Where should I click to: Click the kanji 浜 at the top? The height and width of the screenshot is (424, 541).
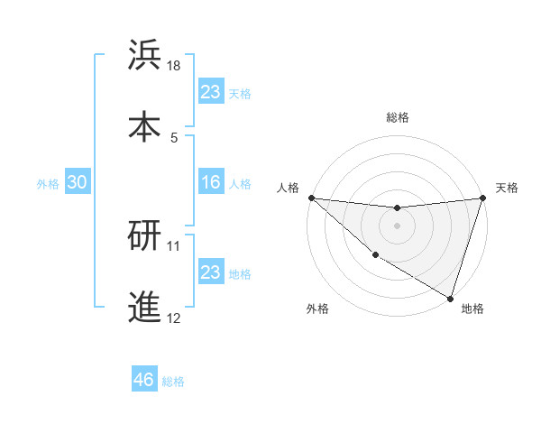[x=145, y=55]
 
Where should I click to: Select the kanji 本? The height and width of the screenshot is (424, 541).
[x=145, y=125]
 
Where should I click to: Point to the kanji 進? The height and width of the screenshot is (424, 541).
[x=145, y=307]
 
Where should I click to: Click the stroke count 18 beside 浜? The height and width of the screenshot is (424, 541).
[x=174, y=66]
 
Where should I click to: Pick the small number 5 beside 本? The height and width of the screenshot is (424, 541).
[x=174, y=137]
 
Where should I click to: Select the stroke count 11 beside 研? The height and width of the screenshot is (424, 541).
[x=174, y=245]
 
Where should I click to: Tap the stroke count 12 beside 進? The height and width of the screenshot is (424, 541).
[x=174, y=318]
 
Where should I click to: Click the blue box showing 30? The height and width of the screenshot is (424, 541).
[x=77, y=182]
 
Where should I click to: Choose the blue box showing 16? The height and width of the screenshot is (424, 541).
[x=210, y=182]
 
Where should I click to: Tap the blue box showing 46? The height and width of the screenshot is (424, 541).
[x=143, y=380]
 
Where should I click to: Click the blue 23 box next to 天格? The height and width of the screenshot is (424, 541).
[x=210, y=92]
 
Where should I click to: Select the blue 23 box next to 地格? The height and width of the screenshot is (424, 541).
[x=210, y=272]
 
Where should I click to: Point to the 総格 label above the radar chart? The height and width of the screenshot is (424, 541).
[x=398, y=117]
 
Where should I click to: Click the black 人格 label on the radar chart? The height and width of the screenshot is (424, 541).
[x=289, y=188]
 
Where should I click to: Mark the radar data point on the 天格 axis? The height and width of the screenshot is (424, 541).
[x=482, y=198]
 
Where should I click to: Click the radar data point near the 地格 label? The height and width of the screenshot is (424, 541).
[x=450, y=298]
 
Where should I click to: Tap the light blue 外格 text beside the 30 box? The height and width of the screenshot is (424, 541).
[x=48, y=183]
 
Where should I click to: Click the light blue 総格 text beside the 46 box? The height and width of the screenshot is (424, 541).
[x=173, y=382]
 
